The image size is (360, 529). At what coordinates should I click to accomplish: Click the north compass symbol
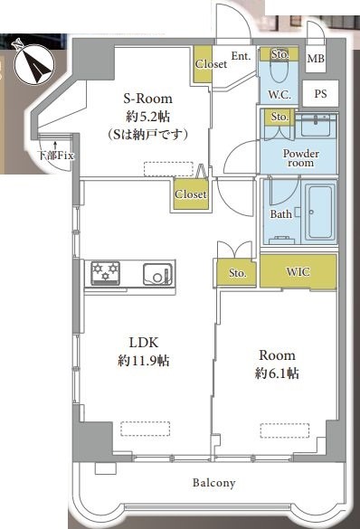point(34,62)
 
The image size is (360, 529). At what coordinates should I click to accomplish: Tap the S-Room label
point(147,99)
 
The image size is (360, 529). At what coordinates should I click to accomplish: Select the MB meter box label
point(316,59)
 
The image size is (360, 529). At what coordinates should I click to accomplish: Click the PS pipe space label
point(320,93)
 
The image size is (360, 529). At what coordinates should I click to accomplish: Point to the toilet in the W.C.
point(279,71)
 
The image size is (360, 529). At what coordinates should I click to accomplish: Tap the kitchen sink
point(157,274)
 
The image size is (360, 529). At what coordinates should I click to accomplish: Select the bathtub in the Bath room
point(320,213)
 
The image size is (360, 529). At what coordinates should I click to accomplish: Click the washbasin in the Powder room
point(317,125)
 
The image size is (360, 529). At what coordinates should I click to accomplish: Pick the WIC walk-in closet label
point(298,271)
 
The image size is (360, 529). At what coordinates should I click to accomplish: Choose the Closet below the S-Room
point(191,194)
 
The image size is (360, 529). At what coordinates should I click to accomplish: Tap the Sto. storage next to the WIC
point(237,272)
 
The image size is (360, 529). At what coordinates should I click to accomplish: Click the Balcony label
point(213,483)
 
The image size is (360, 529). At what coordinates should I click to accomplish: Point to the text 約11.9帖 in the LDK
point(144,361)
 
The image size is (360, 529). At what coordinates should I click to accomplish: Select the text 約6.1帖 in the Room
point(277,373)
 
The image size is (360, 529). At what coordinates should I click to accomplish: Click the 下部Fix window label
point(56,156)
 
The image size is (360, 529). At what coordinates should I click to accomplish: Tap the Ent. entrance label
point(241,56)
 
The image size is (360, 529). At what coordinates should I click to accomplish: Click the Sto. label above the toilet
point(280,54)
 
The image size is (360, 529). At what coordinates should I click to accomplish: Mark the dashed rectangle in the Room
point(285,430)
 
